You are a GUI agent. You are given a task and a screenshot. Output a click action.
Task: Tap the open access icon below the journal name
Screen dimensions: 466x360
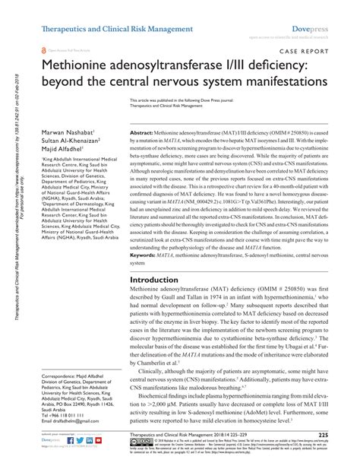tap(43, 46)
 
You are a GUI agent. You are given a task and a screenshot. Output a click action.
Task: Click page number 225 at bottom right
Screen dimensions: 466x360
tap(323, 435)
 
